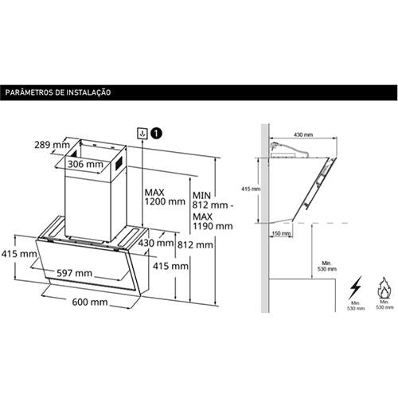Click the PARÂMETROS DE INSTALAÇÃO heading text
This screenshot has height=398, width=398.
click(58, 92)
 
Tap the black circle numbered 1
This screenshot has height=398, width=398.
click(156, 133)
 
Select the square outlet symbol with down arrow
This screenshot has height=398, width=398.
click(142, 133)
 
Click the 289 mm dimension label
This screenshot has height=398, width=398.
click(52, 145)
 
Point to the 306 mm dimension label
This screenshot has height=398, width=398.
click(85, 164)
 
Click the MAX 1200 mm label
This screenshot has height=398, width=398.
click(165, 197)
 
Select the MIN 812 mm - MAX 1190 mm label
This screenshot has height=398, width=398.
click(213, 211)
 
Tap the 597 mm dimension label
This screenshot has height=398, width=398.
click(74, 273)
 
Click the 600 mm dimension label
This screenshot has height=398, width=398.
click(90, 302)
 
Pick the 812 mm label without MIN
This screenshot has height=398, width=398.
click(195, 244)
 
